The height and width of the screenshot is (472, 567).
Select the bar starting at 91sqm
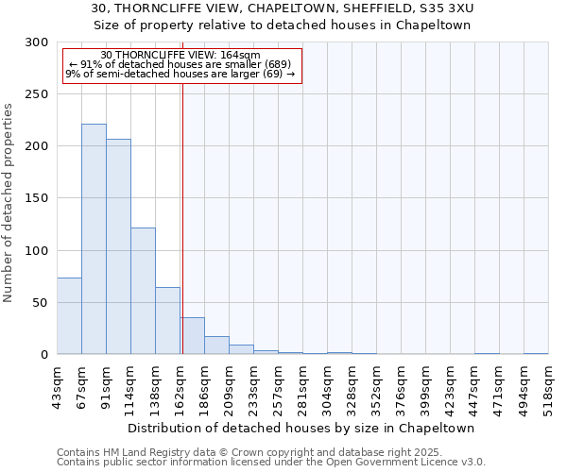click(x=118, y=246)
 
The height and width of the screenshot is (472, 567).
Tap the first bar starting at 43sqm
click(x=69, y=316)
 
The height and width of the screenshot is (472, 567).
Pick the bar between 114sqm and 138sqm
click(x=143, y=291)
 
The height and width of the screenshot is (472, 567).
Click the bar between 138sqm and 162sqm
click(x=167, y=321)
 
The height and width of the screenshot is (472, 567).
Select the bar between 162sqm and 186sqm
click(x=192, y=336)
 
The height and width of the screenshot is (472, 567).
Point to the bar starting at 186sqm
click(x=216, y=346)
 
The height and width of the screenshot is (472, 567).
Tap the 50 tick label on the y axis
click(x=40, y=303)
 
